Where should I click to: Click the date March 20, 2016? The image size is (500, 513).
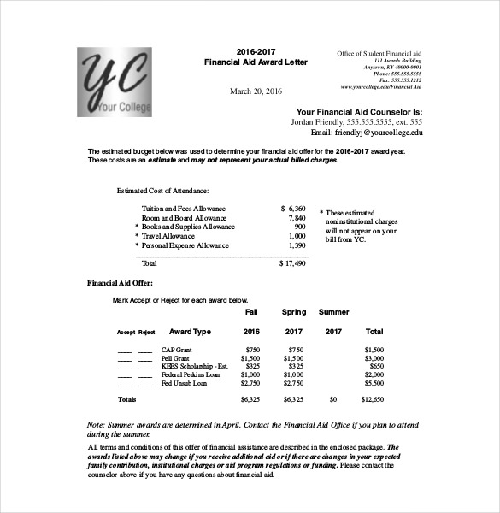pos(255,91)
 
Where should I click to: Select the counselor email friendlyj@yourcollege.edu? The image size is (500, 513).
pos(367,133)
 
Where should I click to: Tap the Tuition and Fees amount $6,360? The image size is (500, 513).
pos(292,208)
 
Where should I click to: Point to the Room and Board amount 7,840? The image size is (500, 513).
pos(297,217)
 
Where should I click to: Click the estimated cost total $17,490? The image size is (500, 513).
pos(292,263)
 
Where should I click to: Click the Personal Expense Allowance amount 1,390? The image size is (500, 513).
pos(297,245)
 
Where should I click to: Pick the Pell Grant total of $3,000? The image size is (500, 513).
pos(374,358)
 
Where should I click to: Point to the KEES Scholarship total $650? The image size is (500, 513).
pos(376,366)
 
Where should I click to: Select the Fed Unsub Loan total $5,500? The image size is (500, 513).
pos(374,383)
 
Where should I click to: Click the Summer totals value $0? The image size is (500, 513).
pos(333,399)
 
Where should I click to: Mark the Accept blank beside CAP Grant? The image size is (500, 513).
pos(124,350)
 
